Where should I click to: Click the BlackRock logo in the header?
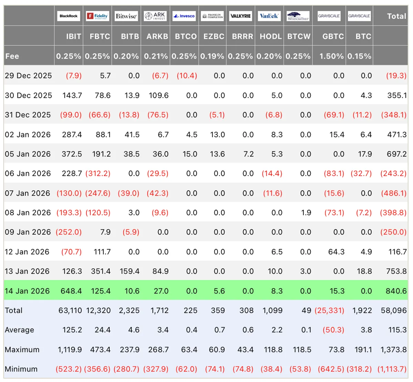click(68, 16)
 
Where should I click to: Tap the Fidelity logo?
click(97, 16)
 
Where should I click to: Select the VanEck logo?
click(269, 16)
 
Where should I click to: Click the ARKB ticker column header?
click(157, 36)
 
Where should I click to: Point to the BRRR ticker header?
click(243, 36)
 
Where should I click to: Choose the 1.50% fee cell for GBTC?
click(331, 56)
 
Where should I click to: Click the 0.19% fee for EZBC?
click(212, 56)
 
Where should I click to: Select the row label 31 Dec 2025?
click(28, 115)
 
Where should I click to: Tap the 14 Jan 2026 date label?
click(27, 291)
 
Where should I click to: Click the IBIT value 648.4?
click(71, 291)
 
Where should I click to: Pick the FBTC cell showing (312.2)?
click(98, 173)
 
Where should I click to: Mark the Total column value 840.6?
click(396, 291)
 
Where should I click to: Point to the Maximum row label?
click(22, 350)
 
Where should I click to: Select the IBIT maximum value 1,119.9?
click(70, 350)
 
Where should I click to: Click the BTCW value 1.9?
click(306, 213)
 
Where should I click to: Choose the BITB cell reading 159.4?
click(129, 271)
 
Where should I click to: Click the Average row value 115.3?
click(398, 330)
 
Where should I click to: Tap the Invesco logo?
click(184, 16)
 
